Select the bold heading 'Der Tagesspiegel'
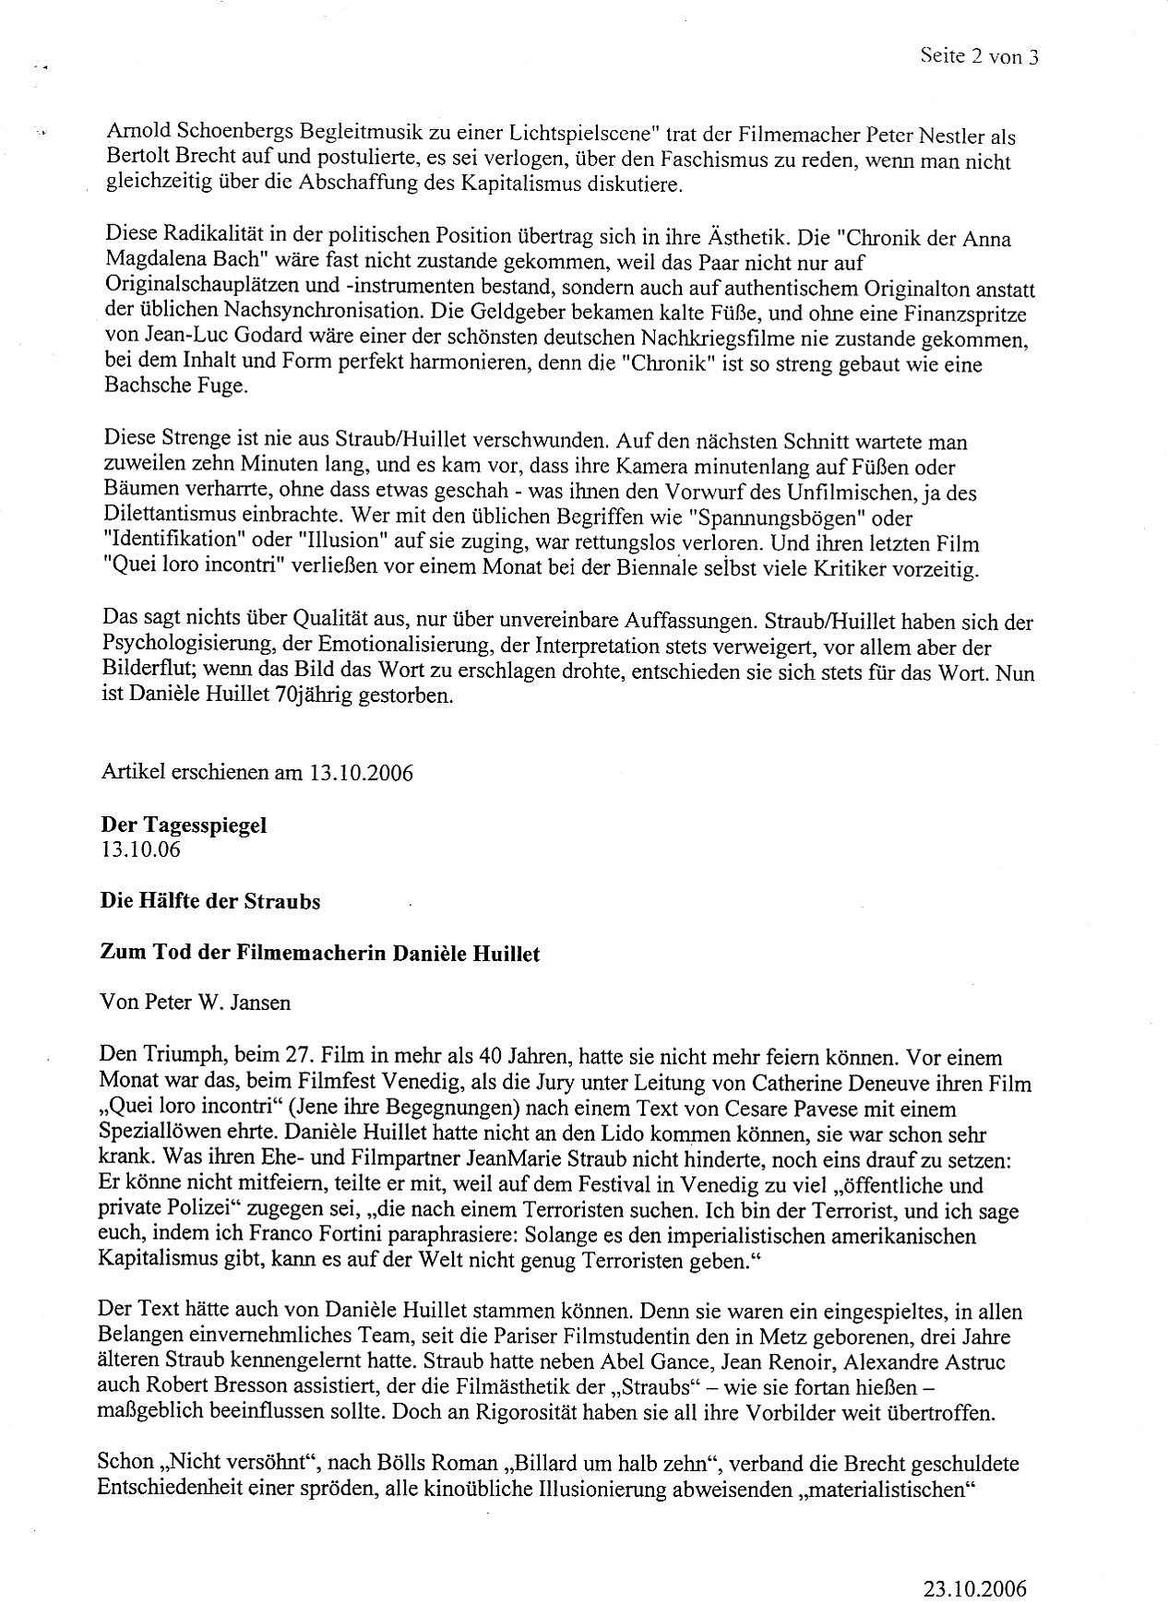184,825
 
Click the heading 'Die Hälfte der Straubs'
210,901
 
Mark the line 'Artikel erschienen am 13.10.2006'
257,772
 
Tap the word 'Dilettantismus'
165,517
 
